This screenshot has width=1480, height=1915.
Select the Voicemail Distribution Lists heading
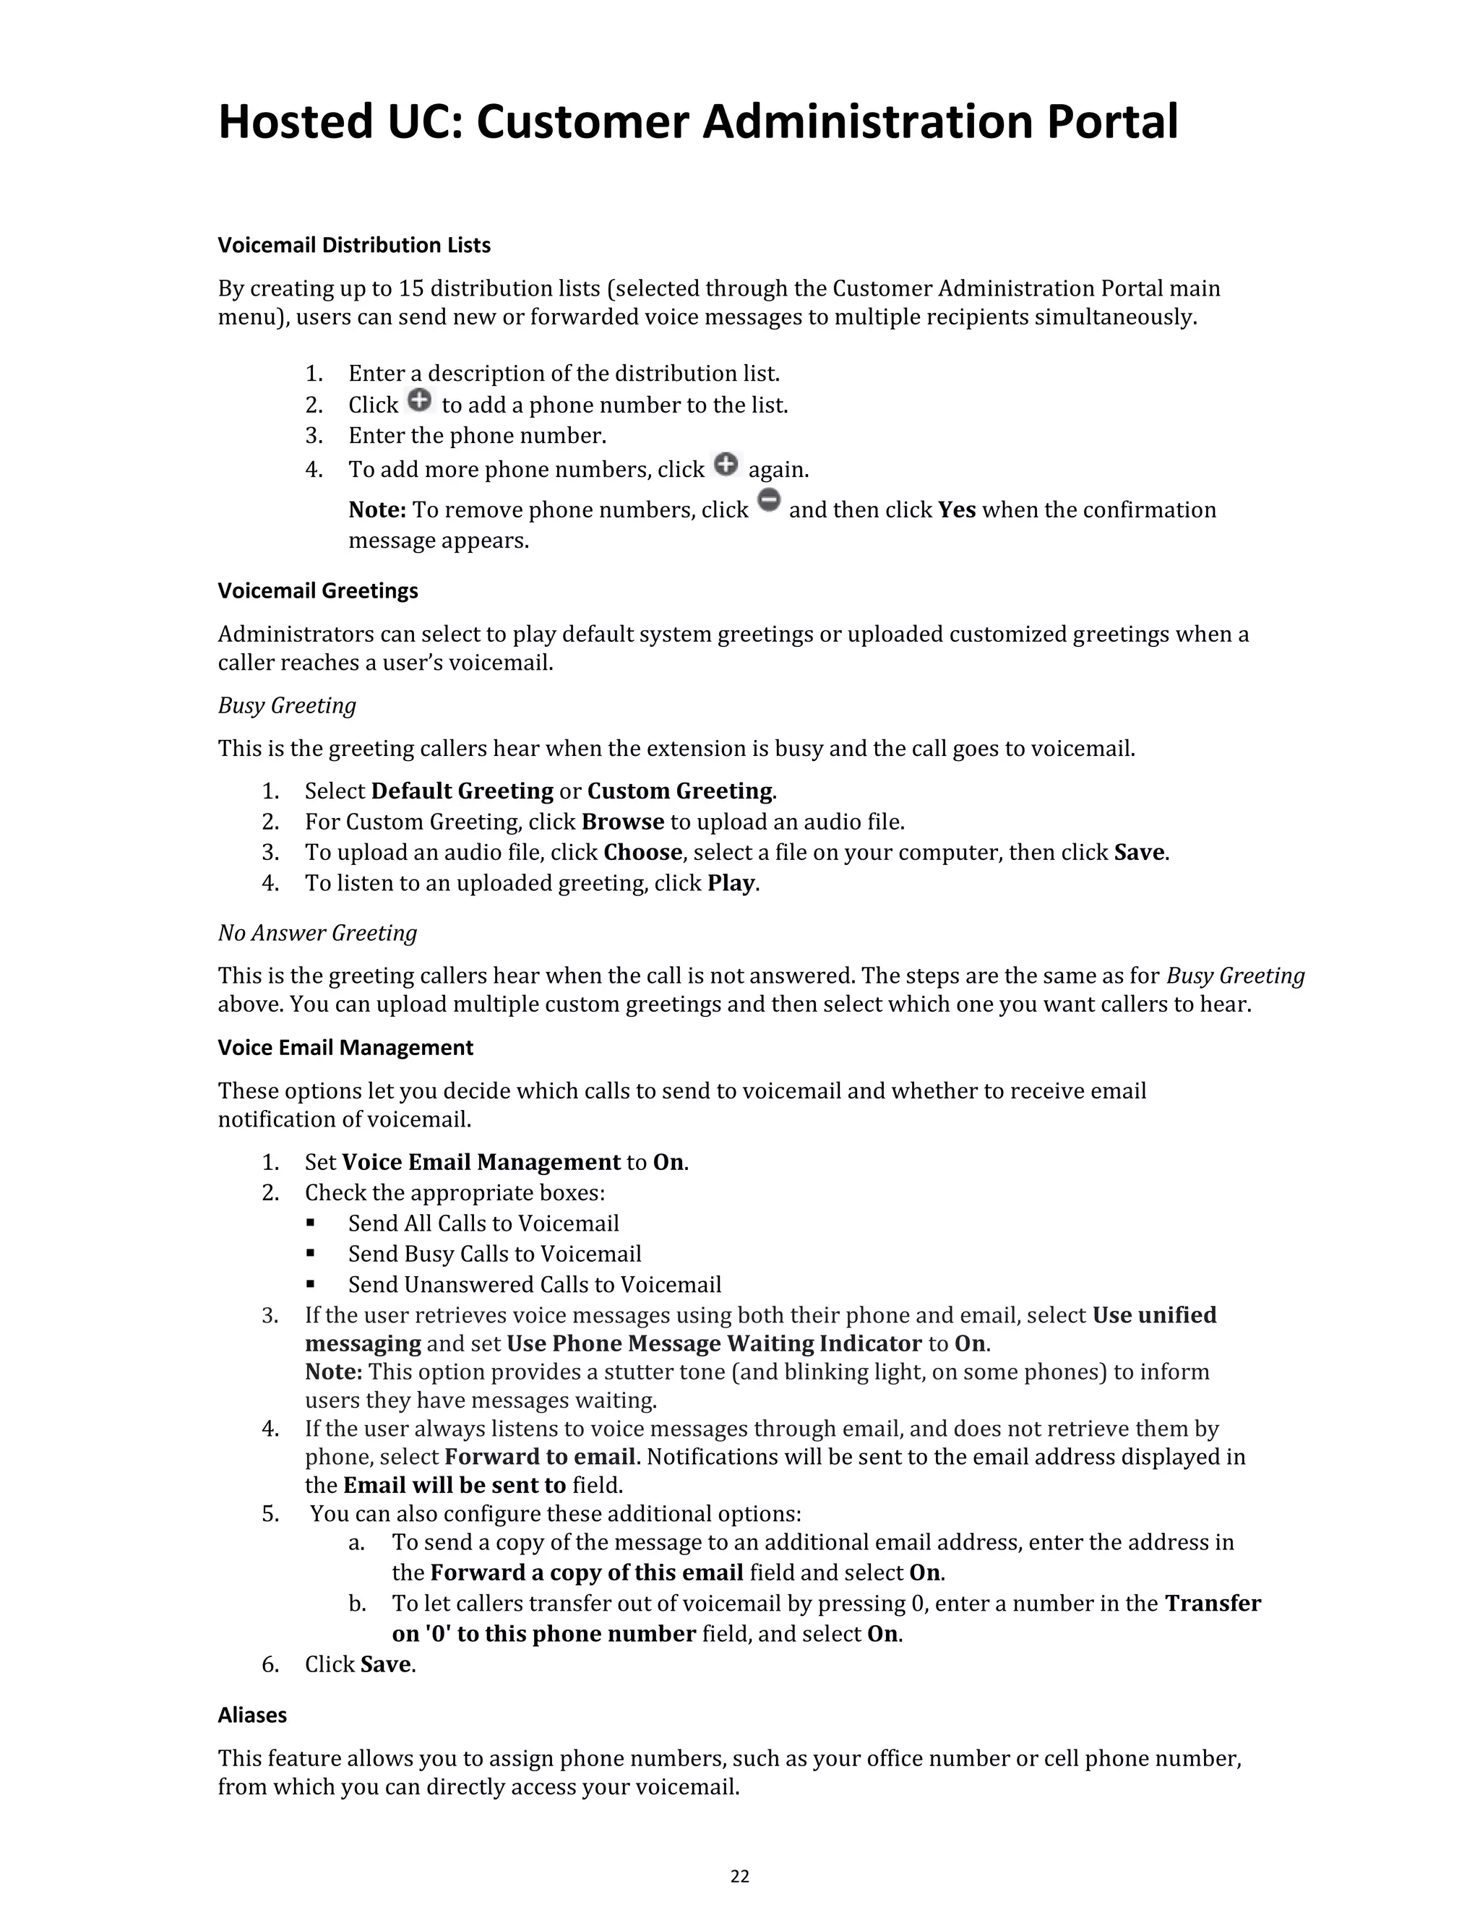353,245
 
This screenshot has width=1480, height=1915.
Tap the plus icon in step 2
420,401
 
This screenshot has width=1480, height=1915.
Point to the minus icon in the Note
768,502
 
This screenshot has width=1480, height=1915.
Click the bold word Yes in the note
957,510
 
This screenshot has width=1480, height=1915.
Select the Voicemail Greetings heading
317,590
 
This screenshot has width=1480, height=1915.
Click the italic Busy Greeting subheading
287,705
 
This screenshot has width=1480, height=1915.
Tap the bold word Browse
622,822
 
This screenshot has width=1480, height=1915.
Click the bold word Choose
642,852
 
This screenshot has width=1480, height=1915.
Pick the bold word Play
731,883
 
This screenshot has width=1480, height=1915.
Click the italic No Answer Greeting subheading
317,932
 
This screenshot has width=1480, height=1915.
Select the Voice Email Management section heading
345,1047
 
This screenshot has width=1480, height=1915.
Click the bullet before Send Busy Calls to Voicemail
310,1254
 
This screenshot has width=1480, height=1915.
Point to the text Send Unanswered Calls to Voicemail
534,1285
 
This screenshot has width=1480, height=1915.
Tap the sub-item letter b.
356,1604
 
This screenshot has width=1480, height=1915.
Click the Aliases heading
251,1714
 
